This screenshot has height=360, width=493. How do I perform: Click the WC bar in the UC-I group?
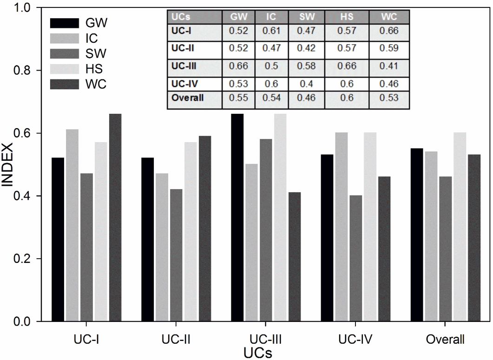click(115, 217)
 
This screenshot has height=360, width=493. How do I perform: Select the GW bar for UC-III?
click(237, 217)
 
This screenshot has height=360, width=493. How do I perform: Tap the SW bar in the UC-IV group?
click(355, 258)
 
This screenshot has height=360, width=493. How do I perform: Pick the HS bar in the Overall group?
click(460, 227)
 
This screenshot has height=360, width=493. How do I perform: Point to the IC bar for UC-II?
click(162, 248)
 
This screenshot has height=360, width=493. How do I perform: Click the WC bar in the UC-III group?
click(295, 257)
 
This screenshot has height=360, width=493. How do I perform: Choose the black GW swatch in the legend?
click(65, 23)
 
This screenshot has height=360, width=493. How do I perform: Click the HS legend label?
click(94, 69)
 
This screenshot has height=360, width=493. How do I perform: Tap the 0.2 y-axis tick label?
click(22, 259)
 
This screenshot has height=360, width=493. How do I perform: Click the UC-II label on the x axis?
click(176, 340)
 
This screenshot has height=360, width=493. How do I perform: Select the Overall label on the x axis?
click(445, 340)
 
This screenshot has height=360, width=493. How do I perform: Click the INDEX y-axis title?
click(7, 165)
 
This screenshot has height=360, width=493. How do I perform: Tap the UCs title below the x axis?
click(258, 353)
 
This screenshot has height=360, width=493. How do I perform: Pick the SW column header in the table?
click(307, 17)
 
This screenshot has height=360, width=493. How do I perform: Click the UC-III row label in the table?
click(184, 66)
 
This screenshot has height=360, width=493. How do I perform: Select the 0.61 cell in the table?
click(271, 31)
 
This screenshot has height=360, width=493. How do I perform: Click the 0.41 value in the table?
click(389, 66)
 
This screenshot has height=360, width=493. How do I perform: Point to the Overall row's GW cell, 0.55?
click(238, 98)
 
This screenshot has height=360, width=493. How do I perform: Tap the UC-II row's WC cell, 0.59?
click(389, 48)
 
